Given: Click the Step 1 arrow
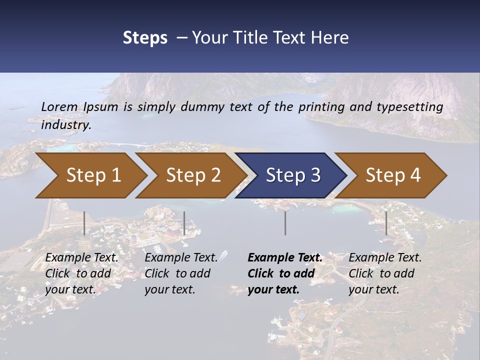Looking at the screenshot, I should (92, 175).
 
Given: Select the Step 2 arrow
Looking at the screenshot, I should (193, 175).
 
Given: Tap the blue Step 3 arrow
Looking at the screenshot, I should (292, 175).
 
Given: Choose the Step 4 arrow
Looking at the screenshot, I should (392, 175).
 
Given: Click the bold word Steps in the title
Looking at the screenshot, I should (145, 37).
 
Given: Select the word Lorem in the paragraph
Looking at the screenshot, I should (59, 106).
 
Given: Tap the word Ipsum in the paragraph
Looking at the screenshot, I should (101, 106).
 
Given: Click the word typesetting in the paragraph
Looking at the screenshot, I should (408, 106).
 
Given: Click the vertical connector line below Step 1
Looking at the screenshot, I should (84, 223).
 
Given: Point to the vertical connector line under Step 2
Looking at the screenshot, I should (184, 223).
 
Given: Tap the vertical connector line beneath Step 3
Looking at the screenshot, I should (285, 223).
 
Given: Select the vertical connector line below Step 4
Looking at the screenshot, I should (386, 223).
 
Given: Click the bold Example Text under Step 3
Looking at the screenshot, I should (285, 257).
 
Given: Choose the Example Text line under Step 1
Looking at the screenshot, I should (82, 257).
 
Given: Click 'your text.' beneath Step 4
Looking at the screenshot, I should (373, 289).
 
